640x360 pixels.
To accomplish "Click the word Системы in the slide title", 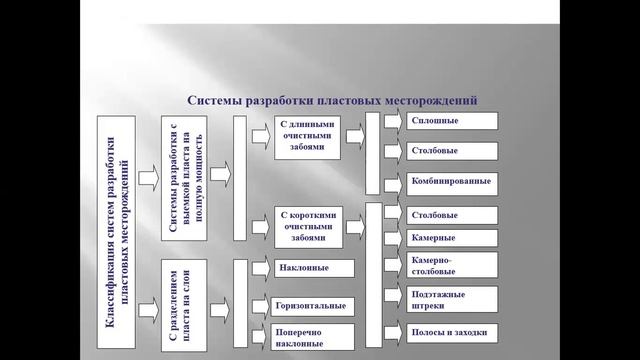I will click(x=216, y=101).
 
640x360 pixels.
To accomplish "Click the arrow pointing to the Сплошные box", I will click(x=394, y=121).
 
